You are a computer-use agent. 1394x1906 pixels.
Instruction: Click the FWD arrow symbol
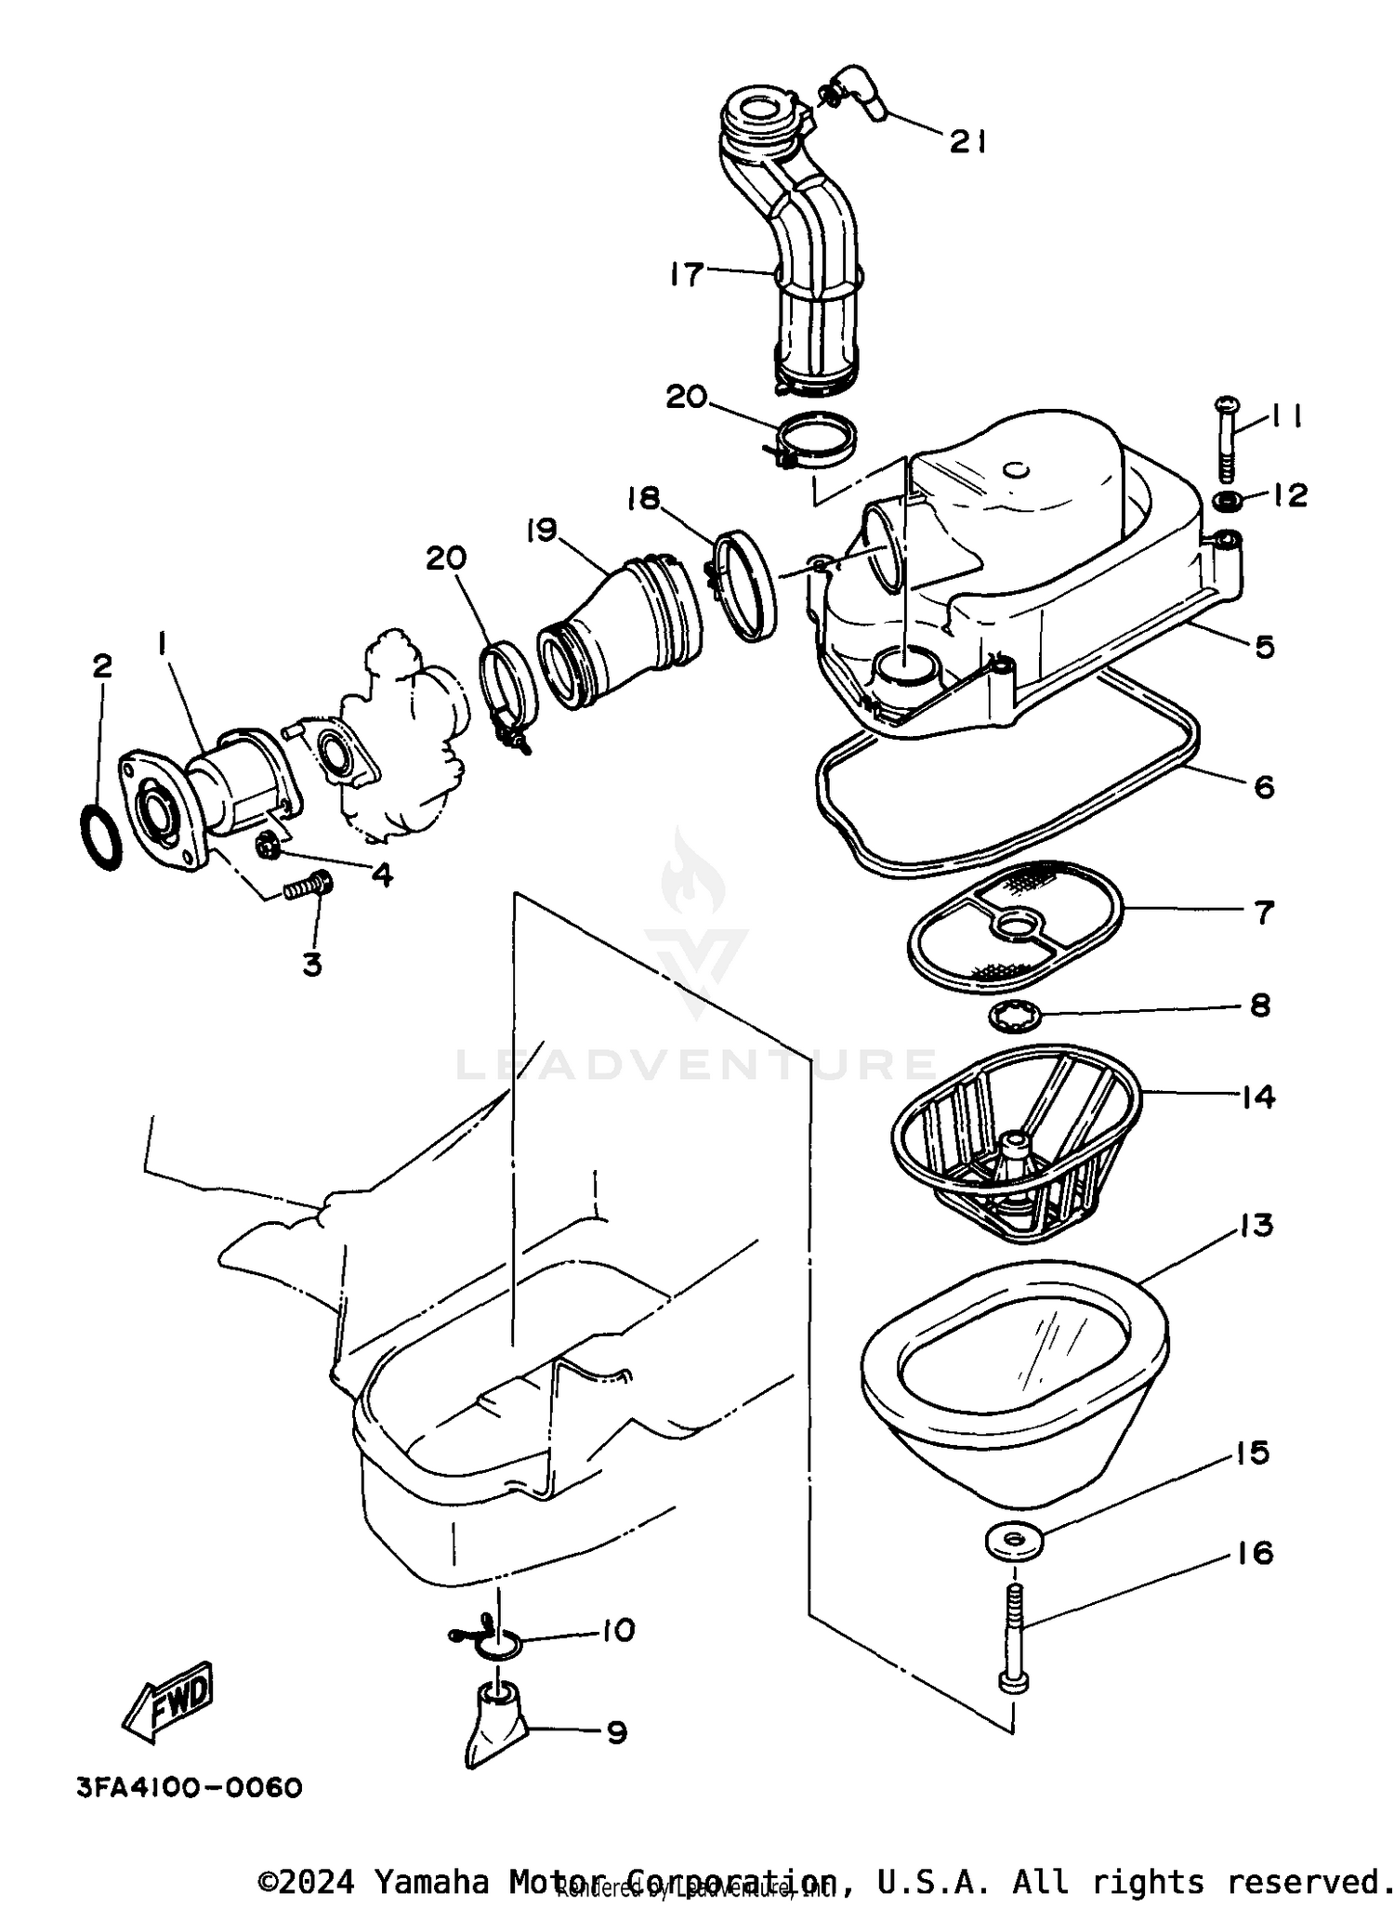(x=170, y=1702)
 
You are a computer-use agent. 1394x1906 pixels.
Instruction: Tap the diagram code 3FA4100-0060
(x=190, y=1787)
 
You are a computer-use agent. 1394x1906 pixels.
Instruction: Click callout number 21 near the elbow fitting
(x=967, y=141)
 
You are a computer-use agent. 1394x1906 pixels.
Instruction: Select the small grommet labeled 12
(x=1229, y=502)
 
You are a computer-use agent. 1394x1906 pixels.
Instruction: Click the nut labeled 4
(x=268, y=846)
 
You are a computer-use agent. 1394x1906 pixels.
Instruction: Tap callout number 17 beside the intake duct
(x=686, y=274)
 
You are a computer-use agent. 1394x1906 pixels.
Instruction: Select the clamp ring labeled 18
(x=745, y=585)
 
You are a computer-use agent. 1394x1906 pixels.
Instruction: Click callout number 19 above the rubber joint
(x=541, y=531)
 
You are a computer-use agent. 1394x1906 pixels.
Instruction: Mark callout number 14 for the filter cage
(x=1257, y=1097)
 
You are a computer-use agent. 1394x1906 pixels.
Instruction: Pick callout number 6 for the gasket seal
(x=1263, y=786)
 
